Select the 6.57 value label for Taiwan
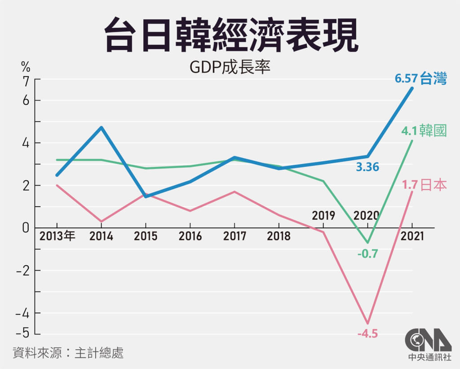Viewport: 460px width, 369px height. point(406,80)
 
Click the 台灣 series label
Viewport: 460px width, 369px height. point(433,80)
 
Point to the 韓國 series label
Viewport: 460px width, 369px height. point(433,131)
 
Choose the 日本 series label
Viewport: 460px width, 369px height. point(433,185)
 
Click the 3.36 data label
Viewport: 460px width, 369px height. point(367,167)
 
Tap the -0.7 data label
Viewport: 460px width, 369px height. point(367,254)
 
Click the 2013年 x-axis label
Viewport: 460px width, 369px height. point(57,236)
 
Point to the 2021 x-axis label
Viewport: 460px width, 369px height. point(411,236)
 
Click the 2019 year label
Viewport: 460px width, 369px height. point(323,215)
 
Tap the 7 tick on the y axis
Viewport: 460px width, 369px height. point(25,81)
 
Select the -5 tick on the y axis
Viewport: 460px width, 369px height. point(22,333)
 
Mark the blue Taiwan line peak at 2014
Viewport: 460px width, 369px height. point(102,128)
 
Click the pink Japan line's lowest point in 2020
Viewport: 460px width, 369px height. point(367,323)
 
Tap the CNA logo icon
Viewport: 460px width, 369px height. point(427,340)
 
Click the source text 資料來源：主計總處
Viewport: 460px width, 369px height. point(68,353)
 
